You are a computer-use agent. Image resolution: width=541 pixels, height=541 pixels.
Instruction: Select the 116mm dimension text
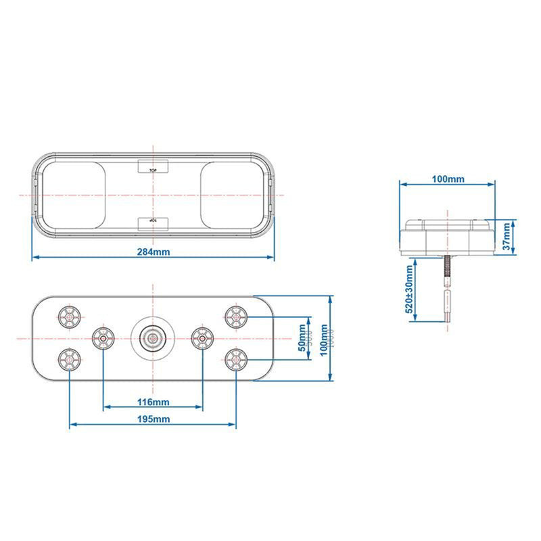pyautogui.click(x=153, y=402)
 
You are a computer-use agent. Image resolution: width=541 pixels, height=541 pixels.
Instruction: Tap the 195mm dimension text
pyautogui.click(x=153, y=419)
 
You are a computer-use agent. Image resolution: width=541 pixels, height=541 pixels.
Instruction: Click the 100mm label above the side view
pyautogui.click(x=448, y=179)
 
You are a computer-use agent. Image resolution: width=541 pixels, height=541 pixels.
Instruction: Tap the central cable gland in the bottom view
pyautogui.click(x=153, y=336)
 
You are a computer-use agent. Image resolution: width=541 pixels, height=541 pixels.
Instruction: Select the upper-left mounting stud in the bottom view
pyautogui.click(x=70, y=315)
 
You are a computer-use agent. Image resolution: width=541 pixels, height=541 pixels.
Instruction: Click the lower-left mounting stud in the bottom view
pyautogui.click(x=70, y=358)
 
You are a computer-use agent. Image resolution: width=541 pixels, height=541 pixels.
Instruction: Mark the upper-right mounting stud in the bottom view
pyautogui.click(x=235, y=315)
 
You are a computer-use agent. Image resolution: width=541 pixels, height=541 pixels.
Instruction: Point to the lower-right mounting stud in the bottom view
pyautogui.click(x=235, y=358)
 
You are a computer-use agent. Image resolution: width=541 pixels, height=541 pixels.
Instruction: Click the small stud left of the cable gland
pyautogui.click(x=103, y=337)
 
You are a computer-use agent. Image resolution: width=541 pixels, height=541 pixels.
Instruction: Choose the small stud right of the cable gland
pyautogui.click(x=202, y=337)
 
